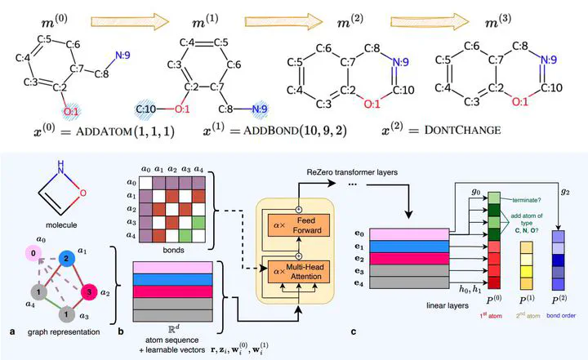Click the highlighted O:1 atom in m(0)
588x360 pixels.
click(70, 109)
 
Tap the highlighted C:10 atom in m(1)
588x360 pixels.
click(149, 107)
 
